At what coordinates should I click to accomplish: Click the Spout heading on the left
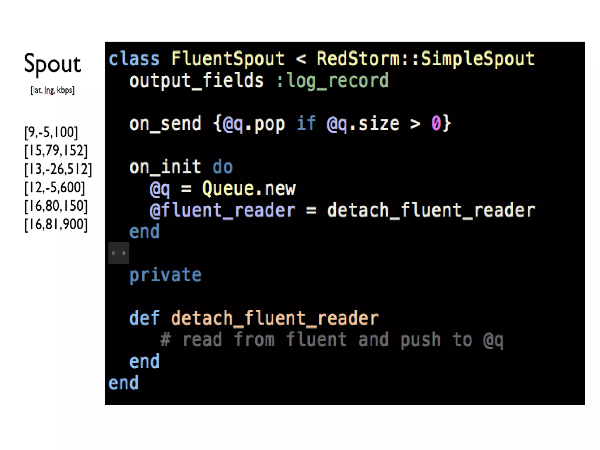tap(52, 64)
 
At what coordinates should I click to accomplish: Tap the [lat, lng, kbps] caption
tap(52, 90)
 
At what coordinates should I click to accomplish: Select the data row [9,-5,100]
tap(51, 132)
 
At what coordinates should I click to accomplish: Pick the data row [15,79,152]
tap(56, 151)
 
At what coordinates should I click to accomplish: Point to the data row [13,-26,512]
tap(58, 169)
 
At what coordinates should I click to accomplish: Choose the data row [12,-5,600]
tap(55, 187)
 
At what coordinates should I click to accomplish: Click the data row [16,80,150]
tap(56, 206)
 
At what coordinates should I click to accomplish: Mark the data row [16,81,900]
tap(56, 224)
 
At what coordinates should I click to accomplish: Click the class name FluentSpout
tap(228, 59)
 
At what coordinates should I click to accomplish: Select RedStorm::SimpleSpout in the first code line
tap(425, 59)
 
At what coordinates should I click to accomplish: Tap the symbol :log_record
tap(332, 80)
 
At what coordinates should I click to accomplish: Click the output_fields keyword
tap(196, 80)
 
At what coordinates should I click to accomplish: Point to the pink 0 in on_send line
tap(436, 123)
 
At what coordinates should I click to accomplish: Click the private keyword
tap(166, 275)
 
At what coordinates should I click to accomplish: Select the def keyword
tap(144, 318)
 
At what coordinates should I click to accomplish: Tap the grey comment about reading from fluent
tap(332, 340)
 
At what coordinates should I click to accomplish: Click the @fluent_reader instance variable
tap(222, 210)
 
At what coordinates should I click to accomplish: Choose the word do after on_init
tap(222, 167)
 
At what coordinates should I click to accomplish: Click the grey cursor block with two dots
tap(119, 253)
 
